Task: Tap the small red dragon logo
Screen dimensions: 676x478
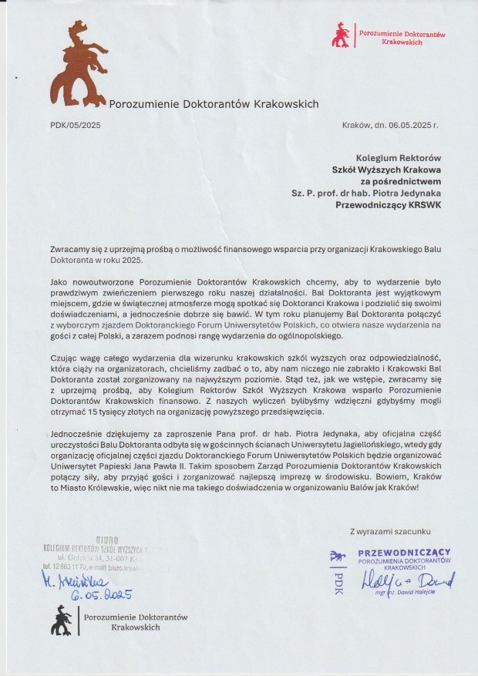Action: (x=340, y=34)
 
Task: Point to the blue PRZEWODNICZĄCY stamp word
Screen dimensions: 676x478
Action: (x=404, y=553)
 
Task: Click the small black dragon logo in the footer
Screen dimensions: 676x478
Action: (x=63, y=619)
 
